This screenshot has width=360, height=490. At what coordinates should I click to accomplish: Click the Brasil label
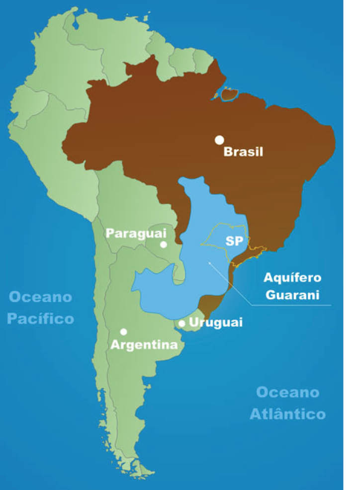click(243, 152)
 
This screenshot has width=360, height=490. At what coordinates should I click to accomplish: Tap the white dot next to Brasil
click(219, 140)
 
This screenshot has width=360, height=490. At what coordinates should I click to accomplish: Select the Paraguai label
click(135, 233)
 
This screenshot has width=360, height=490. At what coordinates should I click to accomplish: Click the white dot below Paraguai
click(164, 244)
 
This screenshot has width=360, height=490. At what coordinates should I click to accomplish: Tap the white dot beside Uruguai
click(182, 324)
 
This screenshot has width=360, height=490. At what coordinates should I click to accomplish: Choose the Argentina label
click(144, 344)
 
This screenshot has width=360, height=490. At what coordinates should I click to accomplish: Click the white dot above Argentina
click(124, 331)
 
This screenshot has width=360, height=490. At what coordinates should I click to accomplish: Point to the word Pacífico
click(41, 318)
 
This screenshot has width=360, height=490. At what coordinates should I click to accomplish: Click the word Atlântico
click(287, 413)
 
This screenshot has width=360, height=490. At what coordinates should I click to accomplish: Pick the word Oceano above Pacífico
click(41, 297)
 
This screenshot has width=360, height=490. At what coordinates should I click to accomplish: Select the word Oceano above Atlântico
click(287, 392)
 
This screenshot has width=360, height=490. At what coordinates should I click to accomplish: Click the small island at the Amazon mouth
click(230, 93)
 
